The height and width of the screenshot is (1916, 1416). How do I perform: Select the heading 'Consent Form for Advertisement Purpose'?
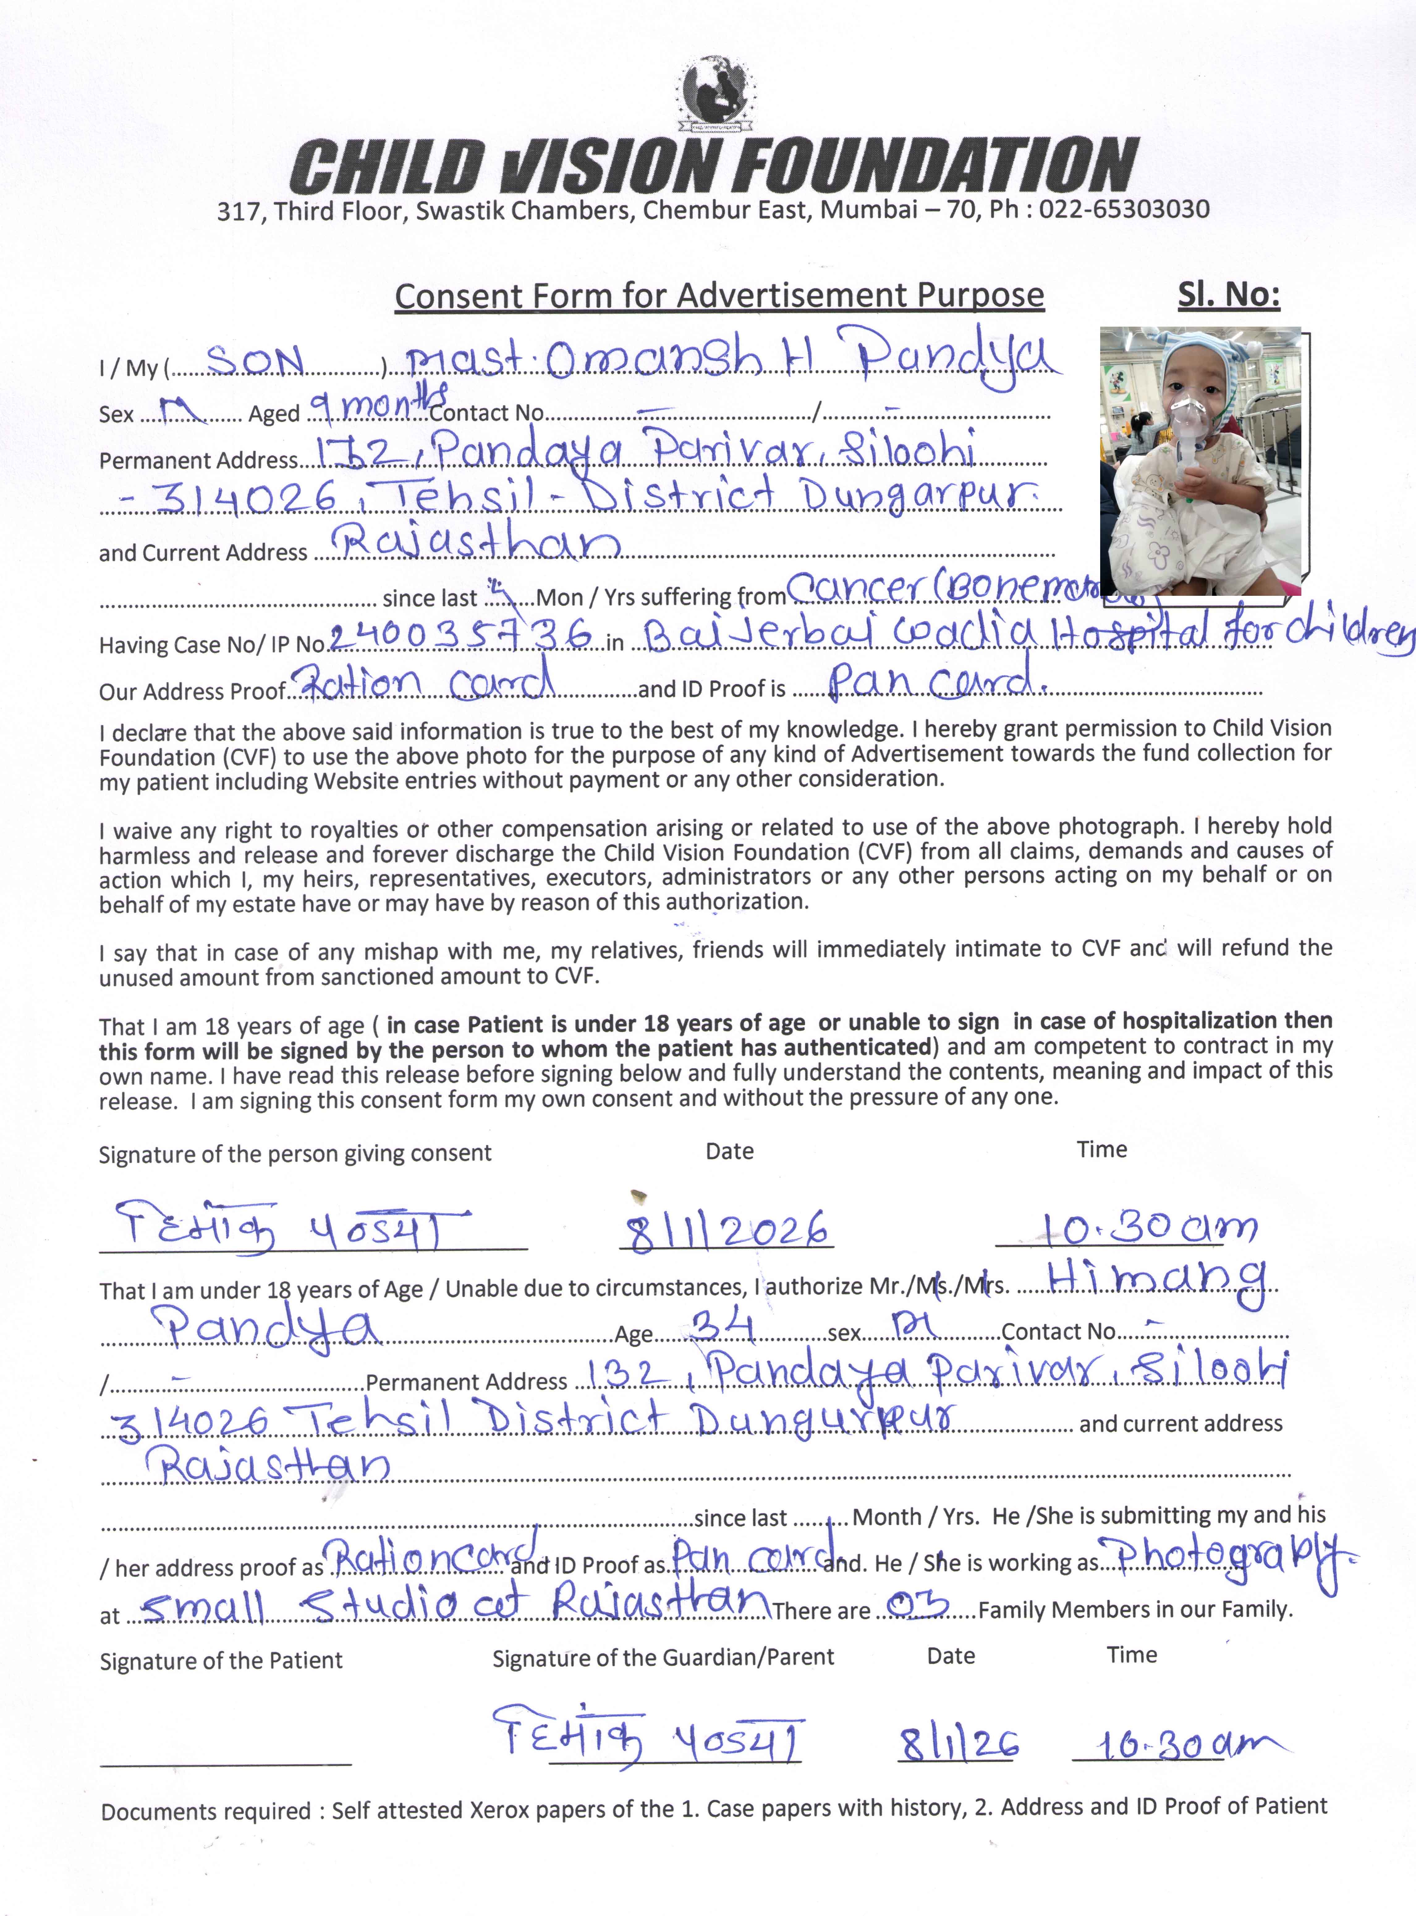(719, 296)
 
